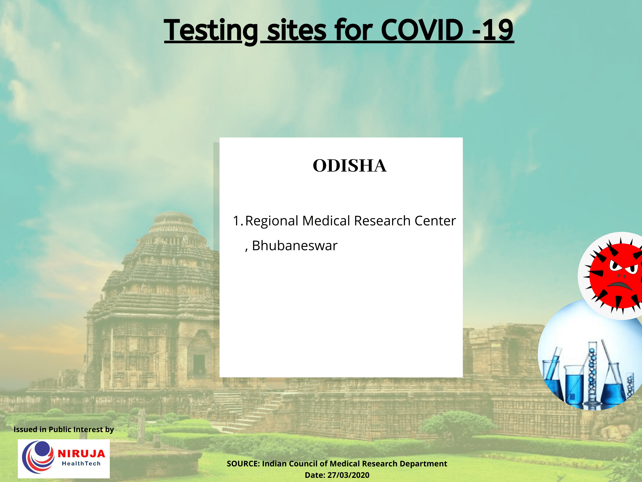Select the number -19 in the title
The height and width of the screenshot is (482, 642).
(493, 30)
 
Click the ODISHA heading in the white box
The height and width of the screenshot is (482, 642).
(349, 166)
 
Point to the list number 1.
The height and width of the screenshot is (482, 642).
(237, 221)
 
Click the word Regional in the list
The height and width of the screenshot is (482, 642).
(272, 221)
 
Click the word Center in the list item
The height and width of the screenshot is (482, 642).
(435, 221)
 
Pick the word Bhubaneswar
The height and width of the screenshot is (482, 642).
(295, 246)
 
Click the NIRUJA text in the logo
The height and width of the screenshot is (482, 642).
(81, 454)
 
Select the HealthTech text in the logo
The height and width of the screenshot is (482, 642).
(81, 464)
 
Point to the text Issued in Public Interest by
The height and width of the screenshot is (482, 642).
(64, 429)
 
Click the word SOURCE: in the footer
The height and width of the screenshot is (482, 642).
(243, 464)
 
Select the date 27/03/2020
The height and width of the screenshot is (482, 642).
(348, 475)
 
